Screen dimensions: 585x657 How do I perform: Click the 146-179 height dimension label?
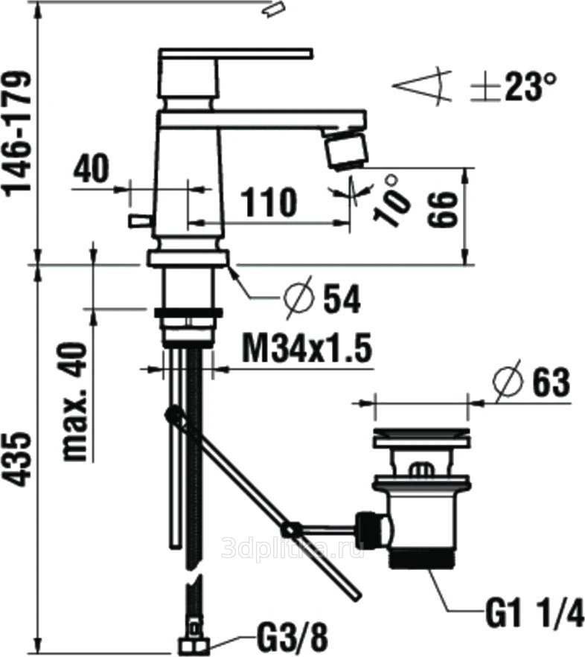pos(17,132)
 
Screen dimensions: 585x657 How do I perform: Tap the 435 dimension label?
pos(18,460)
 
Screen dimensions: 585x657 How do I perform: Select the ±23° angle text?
pos(514,87)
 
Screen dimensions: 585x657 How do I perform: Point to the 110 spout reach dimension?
pos(269,202)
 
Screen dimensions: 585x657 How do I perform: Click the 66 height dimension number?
pos(441,210)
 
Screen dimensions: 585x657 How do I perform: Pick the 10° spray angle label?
pos(391,201)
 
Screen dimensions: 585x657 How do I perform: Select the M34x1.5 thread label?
pos(307,350)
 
